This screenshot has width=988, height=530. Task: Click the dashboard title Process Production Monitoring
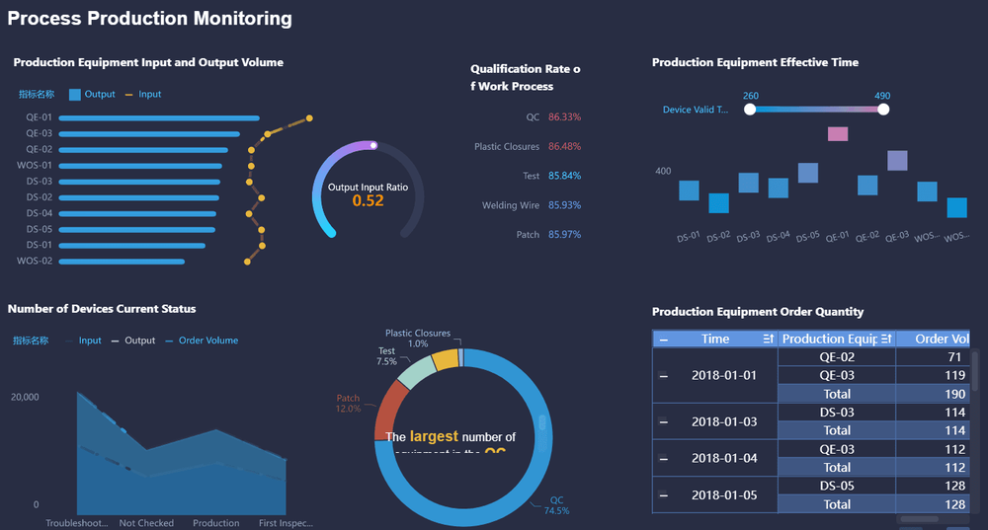(150, 19)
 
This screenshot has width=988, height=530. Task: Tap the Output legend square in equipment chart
(75, 95)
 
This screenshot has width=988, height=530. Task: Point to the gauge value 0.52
(368, 200)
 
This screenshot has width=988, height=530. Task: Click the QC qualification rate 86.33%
(564, 117)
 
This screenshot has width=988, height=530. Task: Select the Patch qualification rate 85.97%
(564, 235)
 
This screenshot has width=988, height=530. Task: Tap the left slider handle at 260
(750, 110)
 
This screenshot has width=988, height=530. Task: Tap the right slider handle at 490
(883, 110)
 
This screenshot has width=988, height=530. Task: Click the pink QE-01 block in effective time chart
(837, 134)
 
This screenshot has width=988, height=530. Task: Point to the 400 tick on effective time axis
(663, 171)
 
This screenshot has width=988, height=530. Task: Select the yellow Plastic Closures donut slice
(447, 359)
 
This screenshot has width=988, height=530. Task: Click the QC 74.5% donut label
(556, 505)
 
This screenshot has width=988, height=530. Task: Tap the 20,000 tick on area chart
(25, 397)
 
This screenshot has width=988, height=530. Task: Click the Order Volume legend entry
(207, 341)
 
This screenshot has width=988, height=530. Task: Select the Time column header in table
(715, 339)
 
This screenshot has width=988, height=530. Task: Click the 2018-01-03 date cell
(723, 421)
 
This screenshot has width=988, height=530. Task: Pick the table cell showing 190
(953, 394)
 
